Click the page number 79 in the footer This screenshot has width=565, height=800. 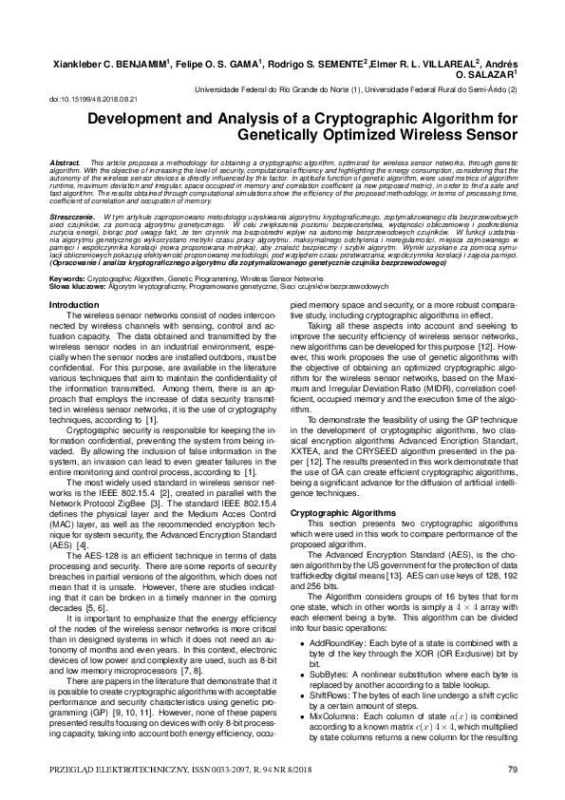512,768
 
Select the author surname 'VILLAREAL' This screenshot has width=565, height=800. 418,65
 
